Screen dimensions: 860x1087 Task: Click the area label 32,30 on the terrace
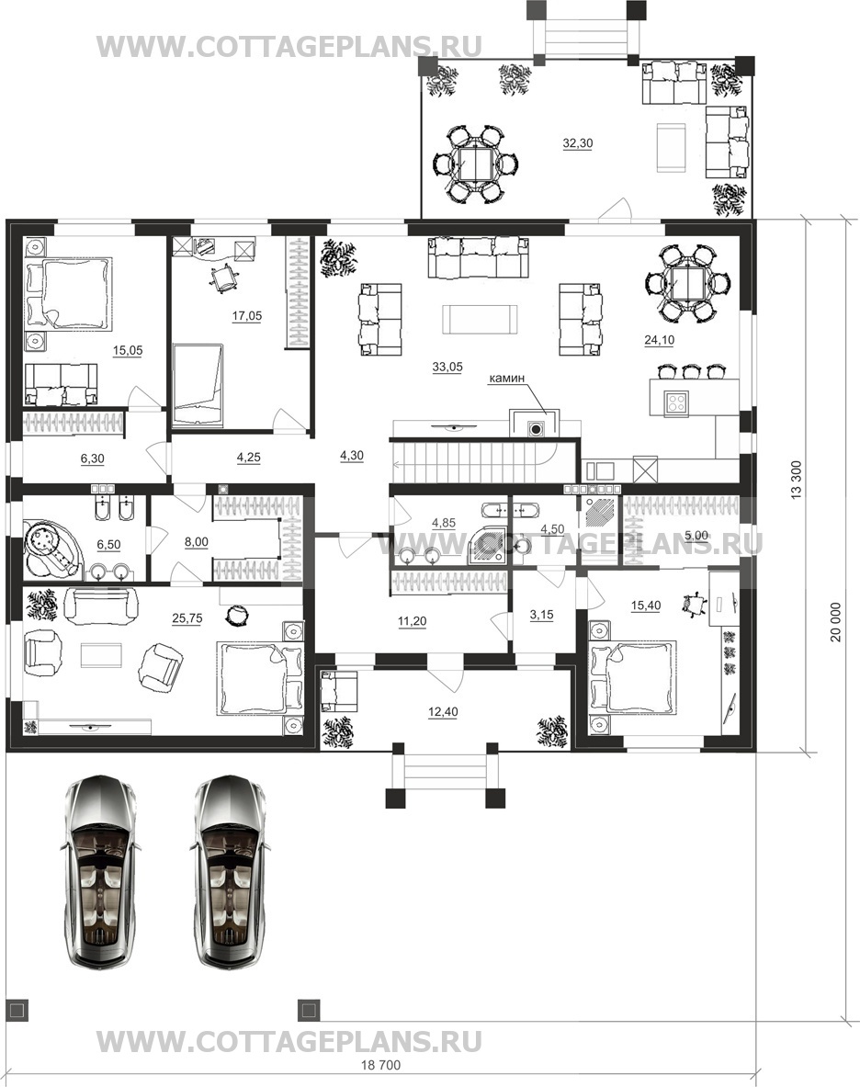click(577, 143)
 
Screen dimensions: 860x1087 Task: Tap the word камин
click(507, 378)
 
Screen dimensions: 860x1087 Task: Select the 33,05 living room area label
click(447, 367)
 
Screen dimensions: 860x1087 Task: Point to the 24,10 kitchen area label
click(659, 340)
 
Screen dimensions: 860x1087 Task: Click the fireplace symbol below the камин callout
click(536, 428)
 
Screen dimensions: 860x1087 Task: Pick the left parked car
click(101, 872)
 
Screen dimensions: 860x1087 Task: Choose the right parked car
click(230, 872)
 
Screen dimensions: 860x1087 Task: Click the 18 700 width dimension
click(380, 1065)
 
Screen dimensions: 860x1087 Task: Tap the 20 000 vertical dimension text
click(836, 621)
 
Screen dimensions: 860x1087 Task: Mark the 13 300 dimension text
click(796, 479)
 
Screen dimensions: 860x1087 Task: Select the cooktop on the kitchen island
click(675, 402)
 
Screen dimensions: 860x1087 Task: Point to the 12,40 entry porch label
click(443, 711)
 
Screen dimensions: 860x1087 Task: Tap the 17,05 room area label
click(247, 315)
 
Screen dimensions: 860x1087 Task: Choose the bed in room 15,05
click(68, 292)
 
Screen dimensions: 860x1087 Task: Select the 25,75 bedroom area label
click(187, 618)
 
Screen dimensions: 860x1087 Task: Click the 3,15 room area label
click(541, 614)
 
